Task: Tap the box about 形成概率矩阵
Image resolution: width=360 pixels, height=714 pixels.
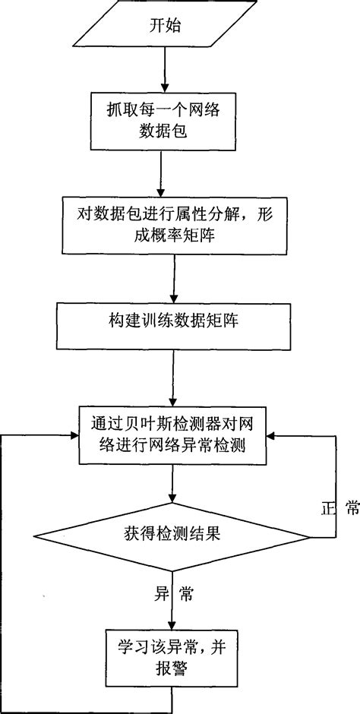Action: pos(174,225)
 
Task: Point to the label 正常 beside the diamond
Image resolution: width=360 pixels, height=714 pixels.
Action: pos(339,510)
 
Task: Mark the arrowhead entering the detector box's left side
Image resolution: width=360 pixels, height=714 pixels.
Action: pos(75,436)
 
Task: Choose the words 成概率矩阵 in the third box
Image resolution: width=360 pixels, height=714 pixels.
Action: pos(174,236)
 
